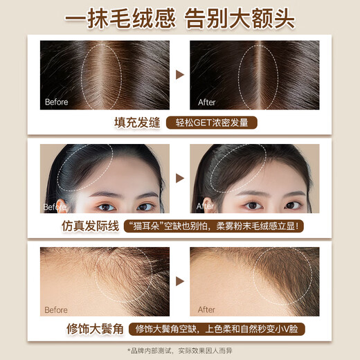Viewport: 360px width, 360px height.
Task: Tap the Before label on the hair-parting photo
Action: click(56, 102)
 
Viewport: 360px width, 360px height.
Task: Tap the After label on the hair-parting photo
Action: click(206, 102)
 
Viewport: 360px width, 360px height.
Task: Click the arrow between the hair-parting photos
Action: click(180, 75)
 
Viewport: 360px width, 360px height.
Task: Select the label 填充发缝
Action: click(137, 123)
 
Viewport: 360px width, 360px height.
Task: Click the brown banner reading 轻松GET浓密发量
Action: click(212, 123)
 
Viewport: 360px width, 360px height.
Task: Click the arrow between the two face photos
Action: click(180, 179)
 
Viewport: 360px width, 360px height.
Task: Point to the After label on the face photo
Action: click(206, 206)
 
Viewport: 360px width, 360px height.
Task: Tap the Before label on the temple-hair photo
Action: click(56, 309)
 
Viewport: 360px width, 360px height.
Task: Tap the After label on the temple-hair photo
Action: click(206, 309)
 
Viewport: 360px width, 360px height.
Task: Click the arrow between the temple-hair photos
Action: click(180, 282)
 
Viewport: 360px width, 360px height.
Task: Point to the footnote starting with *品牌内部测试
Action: click(180, 350)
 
